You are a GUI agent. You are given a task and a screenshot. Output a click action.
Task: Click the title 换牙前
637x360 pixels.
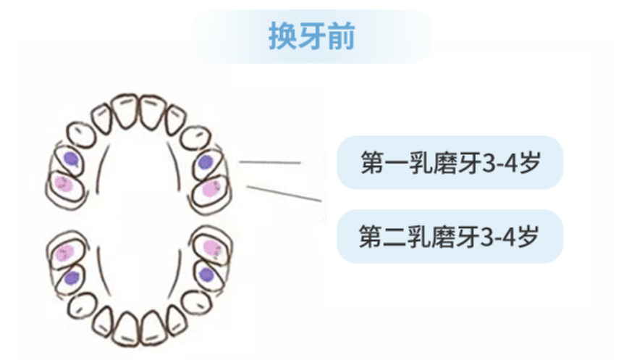(x=311, y=36)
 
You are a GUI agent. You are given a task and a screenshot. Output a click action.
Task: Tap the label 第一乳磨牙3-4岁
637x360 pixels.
(x=450, y=162)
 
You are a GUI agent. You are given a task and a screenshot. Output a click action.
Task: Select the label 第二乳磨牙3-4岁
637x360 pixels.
(x=449, y=236)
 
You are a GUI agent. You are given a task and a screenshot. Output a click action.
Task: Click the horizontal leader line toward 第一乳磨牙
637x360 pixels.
(x=270, y=162)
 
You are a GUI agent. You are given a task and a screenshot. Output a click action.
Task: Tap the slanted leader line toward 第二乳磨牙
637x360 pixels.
(x=284, y=193)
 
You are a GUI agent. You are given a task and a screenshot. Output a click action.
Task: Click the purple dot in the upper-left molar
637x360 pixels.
(x=71, y=159)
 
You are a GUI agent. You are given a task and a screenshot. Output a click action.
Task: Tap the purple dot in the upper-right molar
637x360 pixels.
(x=205, y=162)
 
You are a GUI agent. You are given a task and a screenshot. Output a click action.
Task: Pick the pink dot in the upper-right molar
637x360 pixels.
(x=211, y=188)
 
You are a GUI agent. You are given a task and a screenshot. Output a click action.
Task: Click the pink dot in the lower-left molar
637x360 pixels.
(x=65, y=253)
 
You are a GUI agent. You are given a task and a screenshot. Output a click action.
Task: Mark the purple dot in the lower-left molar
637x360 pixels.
(x=72, y=278)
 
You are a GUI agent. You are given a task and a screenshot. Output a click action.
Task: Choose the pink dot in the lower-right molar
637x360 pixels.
(x=212, y=248)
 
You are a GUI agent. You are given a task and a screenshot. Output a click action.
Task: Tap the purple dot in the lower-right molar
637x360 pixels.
(x=206, y=275)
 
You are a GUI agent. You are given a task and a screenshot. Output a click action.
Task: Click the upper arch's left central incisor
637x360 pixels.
(x=125, y=112)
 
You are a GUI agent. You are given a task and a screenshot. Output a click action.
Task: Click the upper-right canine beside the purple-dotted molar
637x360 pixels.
(x=195, y=138)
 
